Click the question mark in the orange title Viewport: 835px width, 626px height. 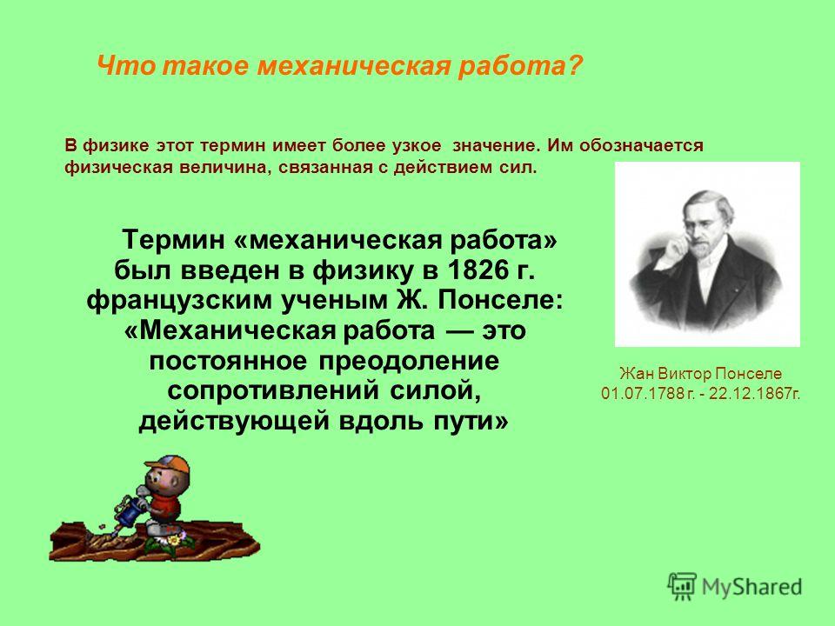tap(575, 66)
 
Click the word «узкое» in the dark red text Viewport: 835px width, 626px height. tap(417, 146)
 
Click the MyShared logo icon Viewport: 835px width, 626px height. tap(682, 587)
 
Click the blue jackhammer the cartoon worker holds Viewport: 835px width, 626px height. tap(129, 511)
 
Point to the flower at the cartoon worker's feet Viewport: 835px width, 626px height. tap(172, 542)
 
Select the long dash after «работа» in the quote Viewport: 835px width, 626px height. tap(458, 331)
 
